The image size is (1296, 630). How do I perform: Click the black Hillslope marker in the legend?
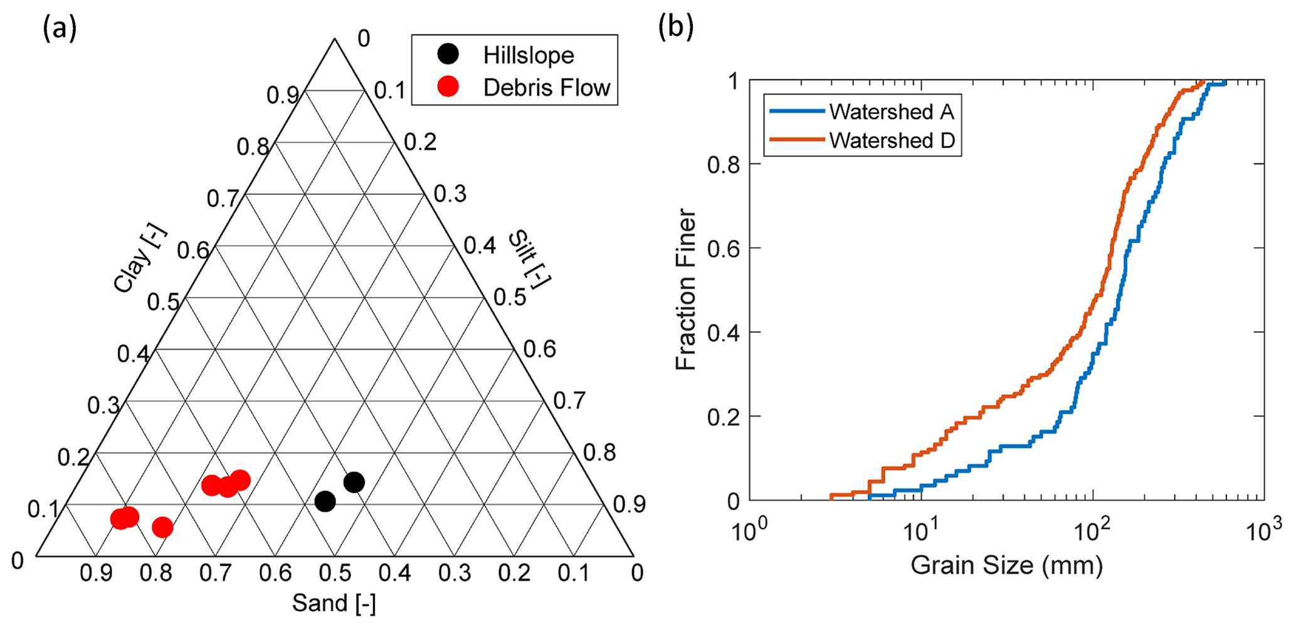(448, 55)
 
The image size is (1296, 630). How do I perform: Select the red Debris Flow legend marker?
(448, 87)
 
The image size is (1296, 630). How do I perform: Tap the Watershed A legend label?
(891, 112)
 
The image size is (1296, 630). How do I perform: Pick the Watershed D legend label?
(892, 140)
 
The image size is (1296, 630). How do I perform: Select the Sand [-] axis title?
(334, 604)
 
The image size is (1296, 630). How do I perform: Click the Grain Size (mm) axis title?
(1006, 565)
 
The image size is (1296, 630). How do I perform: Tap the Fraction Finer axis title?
(687, 290)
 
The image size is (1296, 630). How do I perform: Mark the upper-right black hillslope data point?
(354, 482)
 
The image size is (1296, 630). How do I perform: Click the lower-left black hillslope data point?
(325, 501)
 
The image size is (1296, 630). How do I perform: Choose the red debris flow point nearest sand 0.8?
(162, 527)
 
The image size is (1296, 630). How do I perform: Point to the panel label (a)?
(60, 28)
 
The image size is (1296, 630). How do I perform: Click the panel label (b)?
(676, 28)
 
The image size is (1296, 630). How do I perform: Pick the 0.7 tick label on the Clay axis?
(223, 199)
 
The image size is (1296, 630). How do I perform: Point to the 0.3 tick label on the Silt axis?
(450, 194)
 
